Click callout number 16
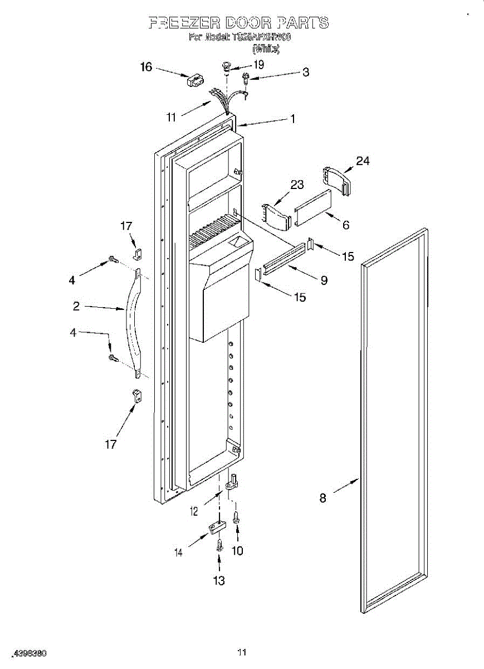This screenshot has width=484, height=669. pyautogui.click(x=146, y=67)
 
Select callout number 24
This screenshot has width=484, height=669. pyautogui.click(x=363, y=161)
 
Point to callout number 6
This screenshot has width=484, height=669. pyautogui.click(x=346, y=225)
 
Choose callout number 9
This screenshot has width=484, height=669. pyautogui.click(x=324, y=281)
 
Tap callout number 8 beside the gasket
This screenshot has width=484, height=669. pyautogui.click(x=323, y=498)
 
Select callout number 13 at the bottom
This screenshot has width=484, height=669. pyautogui.click(x=219, y=581)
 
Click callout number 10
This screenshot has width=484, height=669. pyautogui.click(x=237, y=551)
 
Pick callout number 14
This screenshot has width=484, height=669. pyautogui.click(x=179, y=552)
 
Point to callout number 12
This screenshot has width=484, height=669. pyautogui.click(x=194, y=511)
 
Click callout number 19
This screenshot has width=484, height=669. pyautogui.click(x=258, y=64)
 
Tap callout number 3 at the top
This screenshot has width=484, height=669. pyautogui.click(x=306, y=72)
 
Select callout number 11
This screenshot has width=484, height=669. pyautogui.click(x=171, y=117)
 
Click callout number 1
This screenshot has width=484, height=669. pyautogui.click(x=292, y=119)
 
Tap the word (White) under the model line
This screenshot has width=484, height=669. pyautogui.click(x=266, y=49)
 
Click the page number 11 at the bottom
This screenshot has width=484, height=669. pyautogui.click(x=242, y=652)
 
